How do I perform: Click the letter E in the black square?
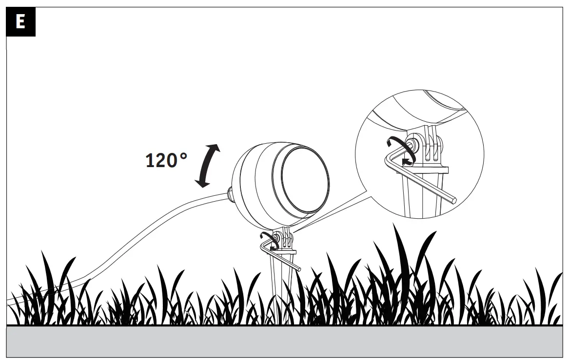(x=20, y=22)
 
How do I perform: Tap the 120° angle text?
(x=166, y=160)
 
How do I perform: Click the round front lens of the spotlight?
(x=304, y=180)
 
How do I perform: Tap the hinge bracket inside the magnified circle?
(x=431, y=146)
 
